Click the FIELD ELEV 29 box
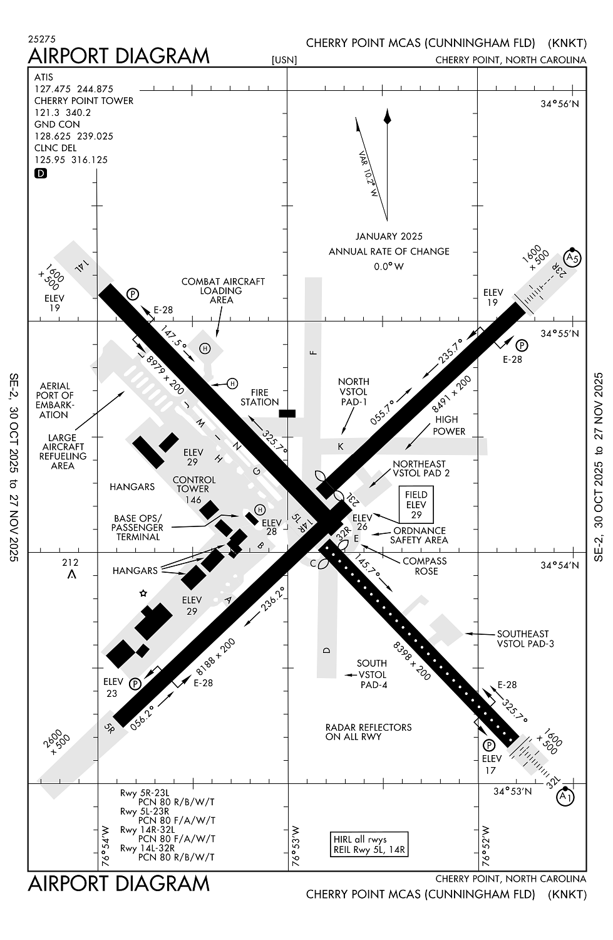pyautogui.click(x=416, y=504)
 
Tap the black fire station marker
pyautogui.click(x=287, y=413)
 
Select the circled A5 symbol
pyautogui.click(x=572, y=258)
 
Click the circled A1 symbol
pyautogui.click(x=565, y=796)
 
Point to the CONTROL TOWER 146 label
pyautogui.click(x=193, y=489)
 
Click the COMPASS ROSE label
pyautogui.click(x=425, y=566)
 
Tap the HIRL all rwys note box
pyautogui.click(x=369, y=845)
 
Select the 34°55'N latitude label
pyautogui.click(x=560, y=333)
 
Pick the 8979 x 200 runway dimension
pyautogui.click(x=165, y=375)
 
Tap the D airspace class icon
pyautogui.click(x=41, y=173)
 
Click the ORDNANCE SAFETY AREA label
pyautogui.click(x=419, y=535)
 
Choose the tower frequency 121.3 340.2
pyautogui.click(x=63, y=113)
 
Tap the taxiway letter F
pyautogui.click(x=314, y=352)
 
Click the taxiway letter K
pyautogui.click(x=341, y=446)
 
